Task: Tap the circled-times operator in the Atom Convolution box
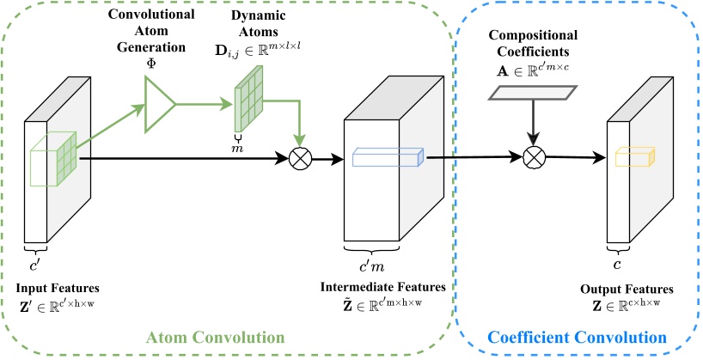click(301, 158)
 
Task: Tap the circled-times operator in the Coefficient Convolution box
click(534, 157)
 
